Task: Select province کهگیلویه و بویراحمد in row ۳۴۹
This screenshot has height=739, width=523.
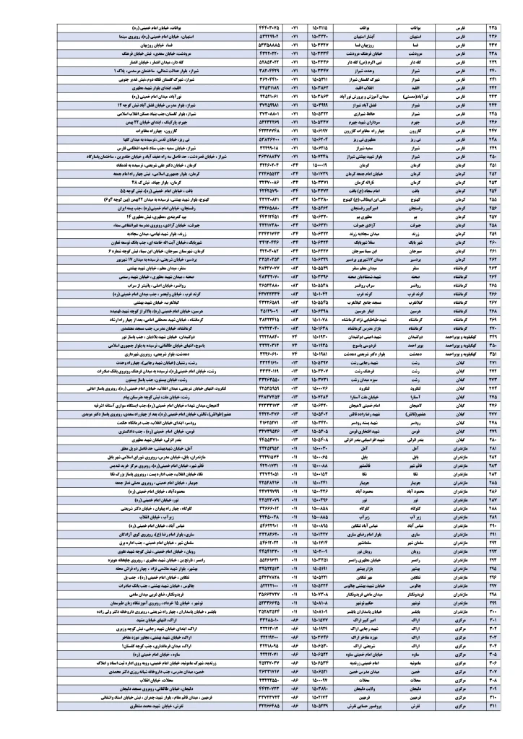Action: coord(454,336)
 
